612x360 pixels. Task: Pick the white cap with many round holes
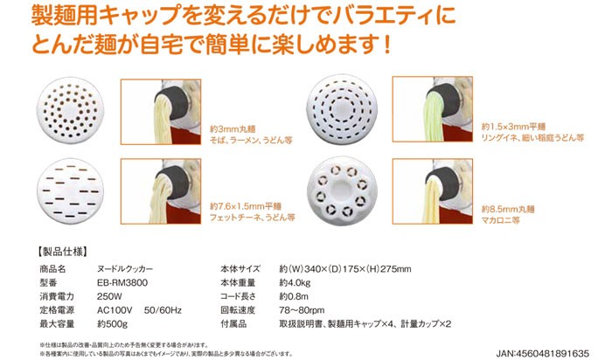tap(66, 114)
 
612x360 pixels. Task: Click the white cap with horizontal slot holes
tap(66, 195)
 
